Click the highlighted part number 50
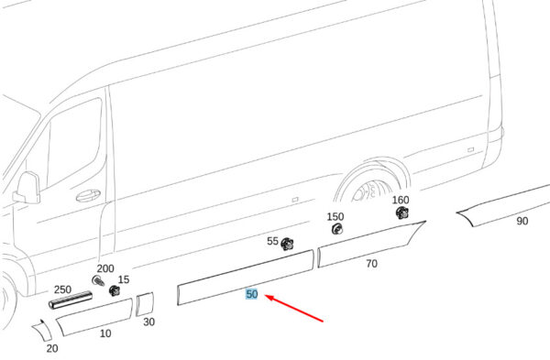coord(252,294)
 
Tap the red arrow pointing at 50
coord(294,309)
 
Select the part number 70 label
coord(371,263)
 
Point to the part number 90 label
coord(522,221)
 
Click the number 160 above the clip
coord(401,200)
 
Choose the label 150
coord(335,216)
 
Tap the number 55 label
coord(272,241)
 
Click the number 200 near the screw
coord(105,268)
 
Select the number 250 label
coord(62,289)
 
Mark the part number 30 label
coord(149,322)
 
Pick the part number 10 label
coord(105,333)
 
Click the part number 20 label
coord(52,348)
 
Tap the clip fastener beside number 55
coord(287,244)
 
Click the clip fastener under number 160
coord(402,213)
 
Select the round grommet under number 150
coord(336,229)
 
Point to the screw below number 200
coord(98,281)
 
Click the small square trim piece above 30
coord(145,304)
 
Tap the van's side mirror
coord(27,188)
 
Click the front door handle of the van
coord(88,195)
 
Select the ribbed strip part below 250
coord(71,300)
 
